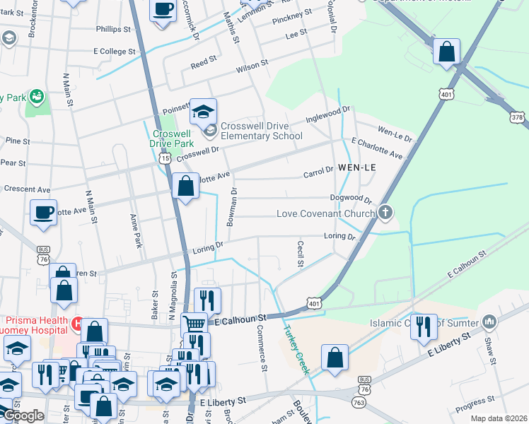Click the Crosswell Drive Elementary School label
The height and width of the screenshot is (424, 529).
click(x=262, y=131)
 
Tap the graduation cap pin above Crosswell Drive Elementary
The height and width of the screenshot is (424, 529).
click(x=203, y=112)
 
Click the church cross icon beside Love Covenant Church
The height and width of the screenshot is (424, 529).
click(x=385, y=212)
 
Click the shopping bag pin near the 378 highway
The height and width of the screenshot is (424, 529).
click(x=446, y=52)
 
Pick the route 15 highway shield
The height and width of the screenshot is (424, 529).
click(x=165, y=160)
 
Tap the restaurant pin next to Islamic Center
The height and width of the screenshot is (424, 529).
click(x=424, y=326)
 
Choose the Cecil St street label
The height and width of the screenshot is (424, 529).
click(x=299, y=253)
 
